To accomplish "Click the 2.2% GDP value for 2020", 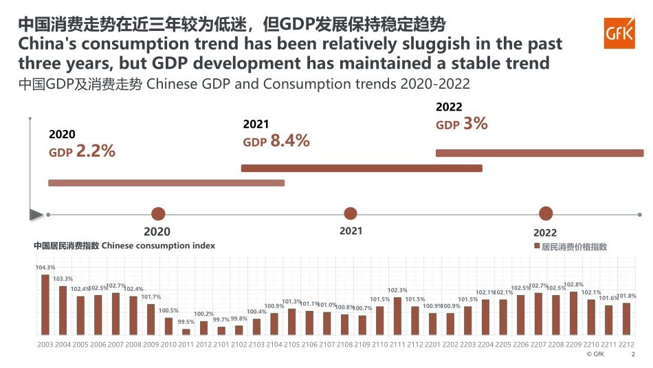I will point(95,151).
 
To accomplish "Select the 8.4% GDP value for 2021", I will point(289,141).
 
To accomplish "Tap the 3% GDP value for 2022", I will point(475,124).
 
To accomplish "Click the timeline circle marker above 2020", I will point(158,214).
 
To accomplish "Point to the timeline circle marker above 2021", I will point(351,214).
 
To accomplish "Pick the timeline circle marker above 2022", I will point(546,214).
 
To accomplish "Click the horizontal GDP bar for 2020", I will point(166,182).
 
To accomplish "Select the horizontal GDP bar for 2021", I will point(362,168).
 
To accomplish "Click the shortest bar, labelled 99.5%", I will point(186,332).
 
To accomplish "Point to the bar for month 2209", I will point(574,313).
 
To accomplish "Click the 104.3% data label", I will point(45,267).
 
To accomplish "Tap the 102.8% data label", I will point(574,285).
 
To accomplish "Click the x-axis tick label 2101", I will point(221,343).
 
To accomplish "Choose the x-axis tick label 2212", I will point(626,343).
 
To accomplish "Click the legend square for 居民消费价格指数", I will point(537,246).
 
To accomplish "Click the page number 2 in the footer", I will point(633,355).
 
